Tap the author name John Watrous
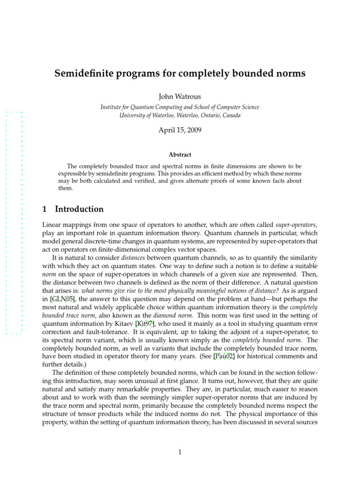[x=180, y=97]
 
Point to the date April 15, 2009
[x=180, y=130]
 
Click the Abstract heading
[x=180, y=154]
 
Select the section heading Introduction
[x=79, y=209]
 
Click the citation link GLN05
[x=62, y=299]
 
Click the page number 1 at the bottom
[x=180, y=452]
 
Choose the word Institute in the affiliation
[x=112, y=107]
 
